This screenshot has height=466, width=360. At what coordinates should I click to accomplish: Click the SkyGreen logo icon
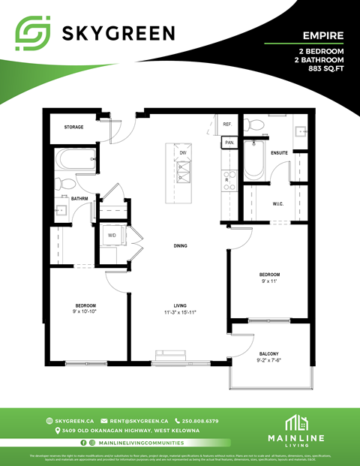tap(34, 32)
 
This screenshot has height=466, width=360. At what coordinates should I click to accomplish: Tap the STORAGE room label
tap(73, 127)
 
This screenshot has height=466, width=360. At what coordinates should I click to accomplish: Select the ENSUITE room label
tap(280, 152)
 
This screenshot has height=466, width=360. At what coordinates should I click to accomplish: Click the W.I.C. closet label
tap(277, 203)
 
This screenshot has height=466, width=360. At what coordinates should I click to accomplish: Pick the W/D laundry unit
tap(112, 235)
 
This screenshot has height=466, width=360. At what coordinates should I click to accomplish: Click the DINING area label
tap(180, 245)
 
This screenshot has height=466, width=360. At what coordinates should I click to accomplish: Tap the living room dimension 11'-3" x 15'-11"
tap(180, 312)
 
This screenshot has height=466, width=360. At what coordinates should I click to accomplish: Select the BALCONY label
tap(269, 353)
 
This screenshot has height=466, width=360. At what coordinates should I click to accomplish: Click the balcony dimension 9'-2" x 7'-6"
tap(269, 361)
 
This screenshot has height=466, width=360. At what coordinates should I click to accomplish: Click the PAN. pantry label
tap(229, 142)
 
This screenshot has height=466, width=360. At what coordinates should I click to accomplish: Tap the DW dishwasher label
tap(182, 152)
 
